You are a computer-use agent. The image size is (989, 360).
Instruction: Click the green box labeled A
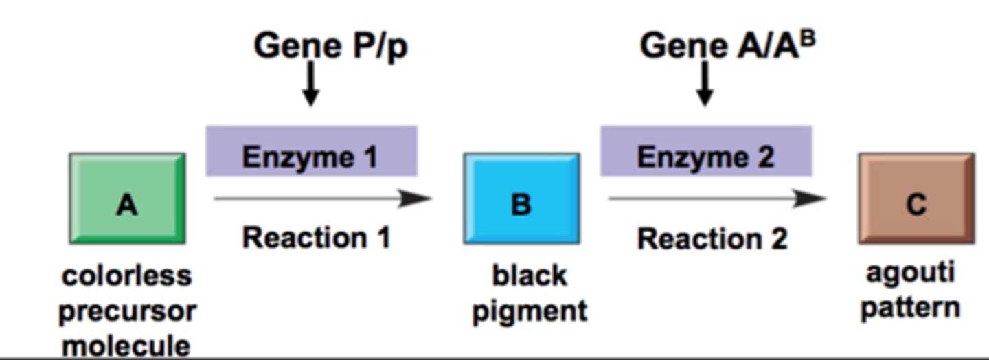(x=127, y=199)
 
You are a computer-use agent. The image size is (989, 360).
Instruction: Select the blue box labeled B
(x=521, y=199)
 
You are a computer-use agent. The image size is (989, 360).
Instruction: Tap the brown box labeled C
(x=916, y=199)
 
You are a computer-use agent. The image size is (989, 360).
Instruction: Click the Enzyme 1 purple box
(x=311, y=152)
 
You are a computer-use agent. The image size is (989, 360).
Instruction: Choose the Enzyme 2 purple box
(x=706, y=152)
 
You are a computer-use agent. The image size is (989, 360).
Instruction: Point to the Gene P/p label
(x=330, y=47)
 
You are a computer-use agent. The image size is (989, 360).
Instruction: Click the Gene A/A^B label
(x=727, y=47)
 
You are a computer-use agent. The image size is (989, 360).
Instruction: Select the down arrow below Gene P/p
(x=311, y=84)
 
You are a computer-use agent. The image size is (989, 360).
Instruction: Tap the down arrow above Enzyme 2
(x=705, y=84)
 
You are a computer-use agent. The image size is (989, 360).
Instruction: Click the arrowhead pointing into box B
(x=416, y=199)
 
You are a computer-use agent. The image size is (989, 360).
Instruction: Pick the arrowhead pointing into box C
(x=810, y=199)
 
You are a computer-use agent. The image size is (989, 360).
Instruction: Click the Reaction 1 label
(x=316, y=238)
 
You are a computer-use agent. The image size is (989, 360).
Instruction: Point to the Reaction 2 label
(x=712, y=239)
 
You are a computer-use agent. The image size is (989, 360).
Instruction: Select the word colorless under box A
(x=127, y=276)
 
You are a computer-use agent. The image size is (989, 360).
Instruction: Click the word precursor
(x=127, y=311)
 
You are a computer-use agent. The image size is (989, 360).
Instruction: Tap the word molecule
(x=127, y=344)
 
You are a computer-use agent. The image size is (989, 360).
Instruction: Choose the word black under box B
(x=530, y=276)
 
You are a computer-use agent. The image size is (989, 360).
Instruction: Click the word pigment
(x=530, y=311)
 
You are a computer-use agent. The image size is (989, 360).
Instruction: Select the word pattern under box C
(x=910, y=307)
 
